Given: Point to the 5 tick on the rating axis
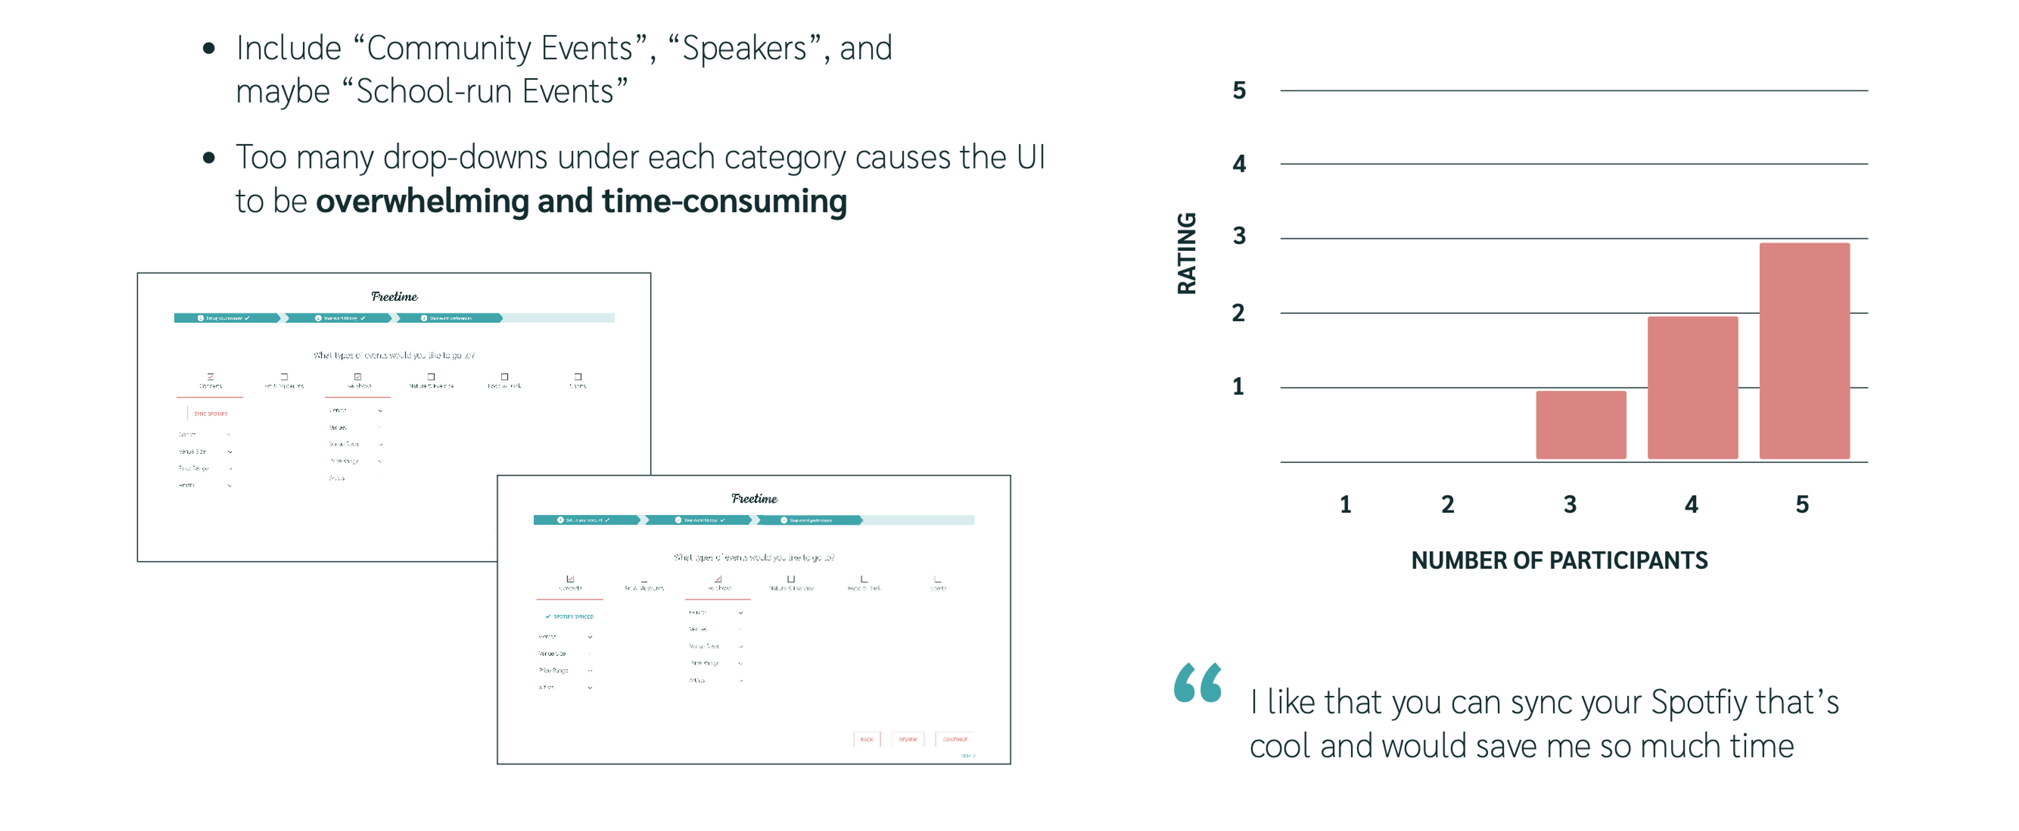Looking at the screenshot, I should [1238, 91].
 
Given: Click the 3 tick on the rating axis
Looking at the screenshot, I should [1238, 236].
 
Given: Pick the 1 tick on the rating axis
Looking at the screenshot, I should [1238, 387].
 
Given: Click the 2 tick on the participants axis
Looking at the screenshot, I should [1447, 504].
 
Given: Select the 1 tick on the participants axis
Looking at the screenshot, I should [1345, 504].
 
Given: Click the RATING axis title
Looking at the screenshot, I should [1187, 253].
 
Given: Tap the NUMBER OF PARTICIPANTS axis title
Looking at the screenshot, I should [1559, 561].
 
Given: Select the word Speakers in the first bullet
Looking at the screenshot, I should [745, 48].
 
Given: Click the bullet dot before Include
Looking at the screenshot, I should [209, 48].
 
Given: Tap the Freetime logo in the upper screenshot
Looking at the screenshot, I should [394, 296].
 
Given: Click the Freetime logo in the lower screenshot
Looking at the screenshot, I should [754, 499].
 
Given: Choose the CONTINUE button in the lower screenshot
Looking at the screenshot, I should [955, 739].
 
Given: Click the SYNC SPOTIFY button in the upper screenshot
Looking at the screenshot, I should [210, 414].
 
